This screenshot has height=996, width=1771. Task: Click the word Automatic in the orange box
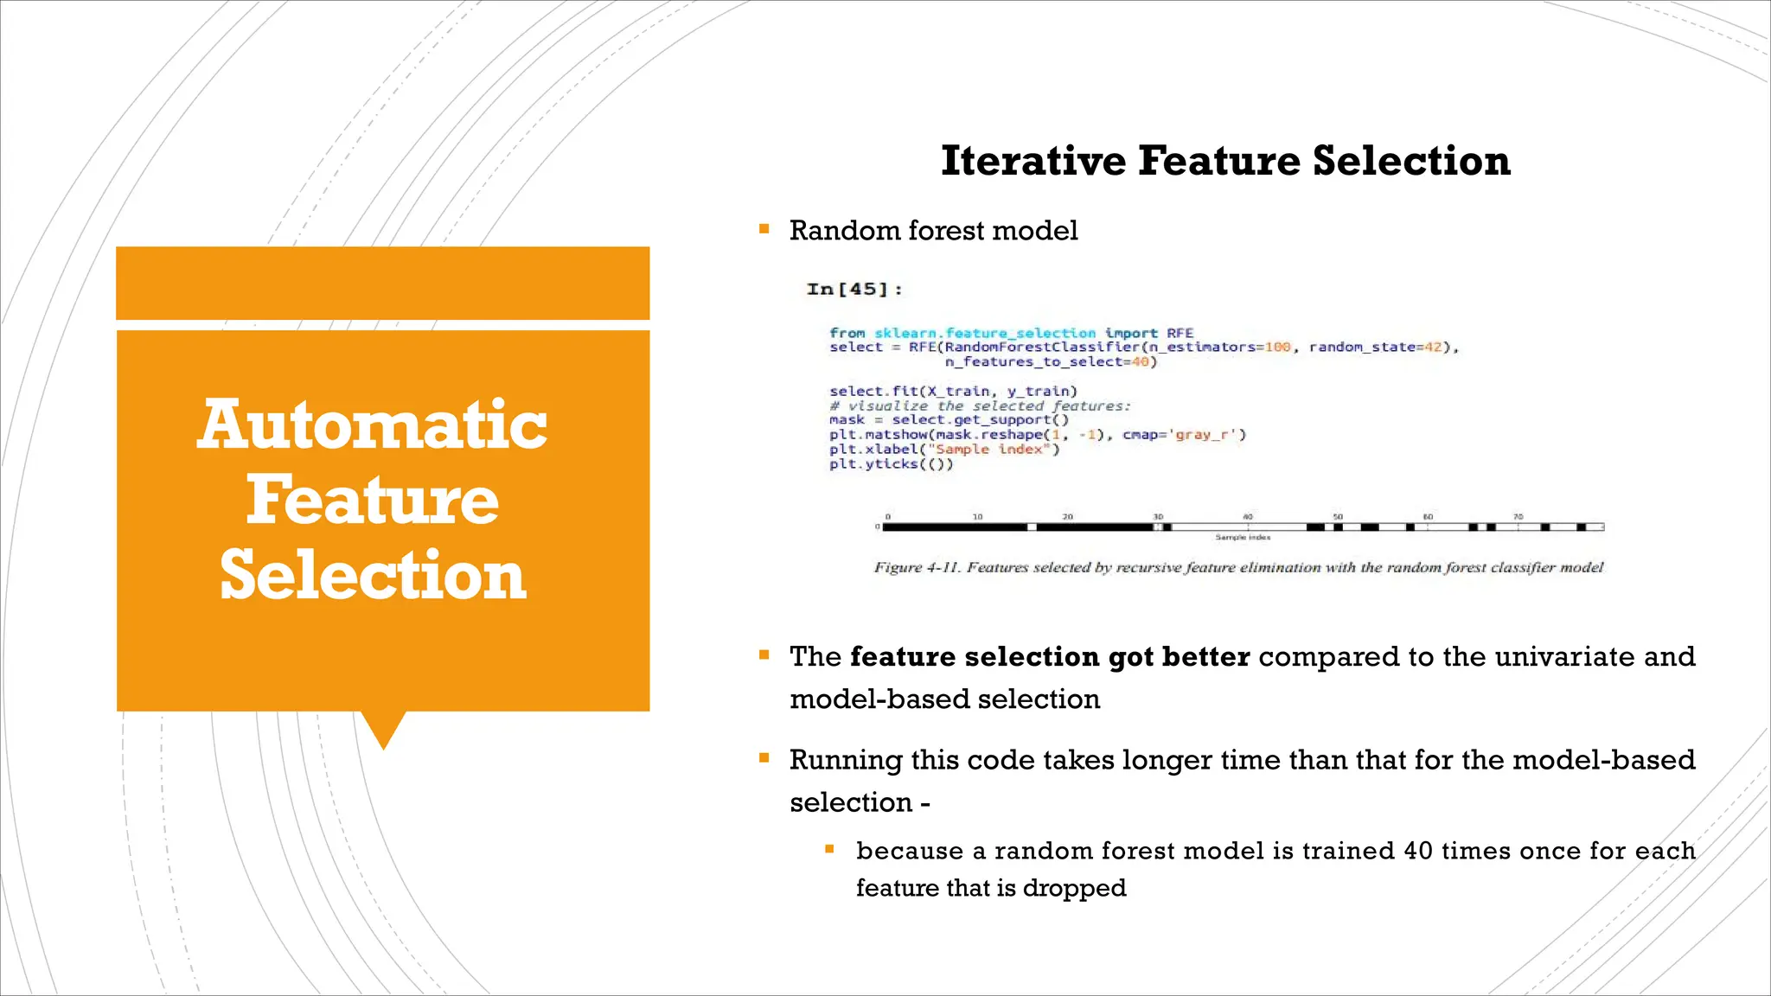point(372,425)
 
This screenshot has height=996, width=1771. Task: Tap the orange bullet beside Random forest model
point(764,229)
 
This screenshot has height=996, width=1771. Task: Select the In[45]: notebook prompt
point(854,290)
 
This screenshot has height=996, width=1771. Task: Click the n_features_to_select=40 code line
point(1050,362)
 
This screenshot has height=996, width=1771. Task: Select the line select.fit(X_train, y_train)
point(953,392)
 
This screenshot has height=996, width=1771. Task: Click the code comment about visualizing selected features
point(979,406)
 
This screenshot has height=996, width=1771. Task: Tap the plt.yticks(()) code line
point(891,464)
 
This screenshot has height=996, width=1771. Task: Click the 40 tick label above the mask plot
point(1247,516)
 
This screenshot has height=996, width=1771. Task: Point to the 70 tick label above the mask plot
point(1518,516)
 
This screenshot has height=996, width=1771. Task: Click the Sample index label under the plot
point(1243,538)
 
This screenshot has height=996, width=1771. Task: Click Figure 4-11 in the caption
point(916,568)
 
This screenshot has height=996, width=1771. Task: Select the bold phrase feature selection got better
point(1049,657)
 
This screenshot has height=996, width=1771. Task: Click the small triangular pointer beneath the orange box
point(383,728)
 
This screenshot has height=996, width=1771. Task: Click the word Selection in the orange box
point(372,576)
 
